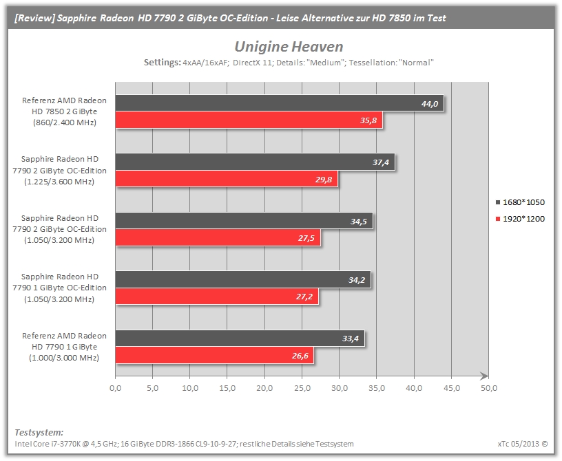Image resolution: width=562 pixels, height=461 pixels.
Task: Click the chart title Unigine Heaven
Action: tap(289, 47)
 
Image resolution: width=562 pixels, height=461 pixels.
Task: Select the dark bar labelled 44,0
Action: tap(280, 103)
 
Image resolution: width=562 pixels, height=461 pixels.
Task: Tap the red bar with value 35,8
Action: tap(249, 120)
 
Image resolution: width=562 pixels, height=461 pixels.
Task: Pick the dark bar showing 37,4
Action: tap(256, 162)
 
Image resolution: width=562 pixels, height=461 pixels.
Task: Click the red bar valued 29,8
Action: tap(227, 179)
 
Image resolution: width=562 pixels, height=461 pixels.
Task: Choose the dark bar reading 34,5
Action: tap(244, 221)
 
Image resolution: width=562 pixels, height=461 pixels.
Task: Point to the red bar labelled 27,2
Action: tap(217, 297)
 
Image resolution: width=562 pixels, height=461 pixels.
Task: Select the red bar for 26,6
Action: tap(214, 355)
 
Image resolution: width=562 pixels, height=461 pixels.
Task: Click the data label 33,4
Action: tap(350, 339)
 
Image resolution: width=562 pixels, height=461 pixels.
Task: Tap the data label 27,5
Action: tap(306, 238)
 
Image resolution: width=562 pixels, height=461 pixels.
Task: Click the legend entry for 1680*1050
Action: tap(520, 202)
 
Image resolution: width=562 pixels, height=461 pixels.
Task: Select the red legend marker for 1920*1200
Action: tap(498, 219)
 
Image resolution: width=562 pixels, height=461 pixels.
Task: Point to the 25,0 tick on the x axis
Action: tap(302, 388)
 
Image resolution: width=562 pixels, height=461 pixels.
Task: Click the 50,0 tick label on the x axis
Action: tap(489, 388)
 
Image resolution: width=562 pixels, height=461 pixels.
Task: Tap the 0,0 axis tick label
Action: tap(116, 388)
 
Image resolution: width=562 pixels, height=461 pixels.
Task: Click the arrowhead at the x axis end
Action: tap(484, 376)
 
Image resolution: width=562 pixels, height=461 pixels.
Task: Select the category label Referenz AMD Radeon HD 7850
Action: tap(65, 111)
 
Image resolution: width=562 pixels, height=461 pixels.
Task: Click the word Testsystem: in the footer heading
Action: tap(39, 432)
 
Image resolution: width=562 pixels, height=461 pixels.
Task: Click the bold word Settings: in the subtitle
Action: tap(163, 63)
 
